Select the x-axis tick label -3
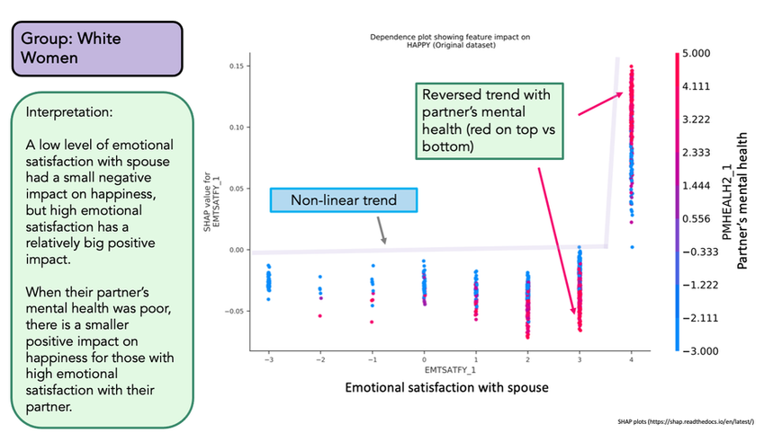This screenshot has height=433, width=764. pyautogui.click(x=267, y=360)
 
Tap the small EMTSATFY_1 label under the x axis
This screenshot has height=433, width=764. pyautogui.click(x=449, y=370)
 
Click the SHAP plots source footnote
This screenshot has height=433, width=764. pyautogui.click(x=688, y=420)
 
